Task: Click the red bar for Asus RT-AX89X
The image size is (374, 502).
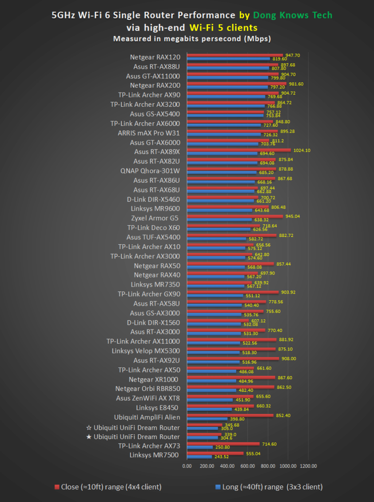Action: (x=239, y=150)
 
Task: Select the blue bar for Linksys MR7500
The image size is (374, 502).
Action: (x=199, y=457)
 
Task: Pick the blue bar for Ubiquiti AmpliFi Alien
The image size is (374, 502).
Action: (x=207, y=419)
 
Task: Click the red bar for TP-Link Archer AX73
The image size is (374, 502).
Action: (x=223, y=444)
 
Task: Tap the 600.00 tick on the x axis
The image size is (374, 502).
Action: (x=248, y=466)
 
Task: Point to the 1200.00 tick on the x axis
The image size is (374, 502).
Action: (x=308, y=466)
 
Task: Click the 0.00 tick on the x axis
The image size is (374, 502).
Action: (x=187, y=466)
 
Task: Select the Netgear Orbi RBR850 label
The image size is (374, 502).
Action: (x=148, y=388)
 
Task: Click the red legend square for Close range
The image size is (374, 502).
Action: (x=56, y=487)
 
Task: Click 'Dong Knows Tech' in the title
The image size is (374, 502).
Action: (x=299, y=15)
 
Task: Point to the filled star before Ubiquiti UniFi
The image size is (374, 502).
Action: (x=89, y=437)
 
